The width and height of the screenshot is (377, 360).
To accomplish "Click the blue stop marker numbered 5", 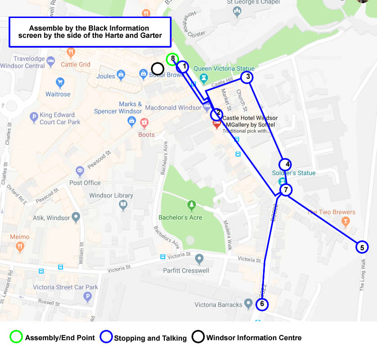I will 362,247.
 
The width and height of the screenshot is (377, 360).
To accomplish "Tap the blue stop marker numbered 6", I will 262,304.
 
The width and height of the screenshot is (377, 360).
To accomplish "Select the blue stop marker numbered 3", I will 246,77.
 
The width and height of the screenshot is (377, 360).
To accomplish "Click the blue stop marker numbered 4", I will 285,164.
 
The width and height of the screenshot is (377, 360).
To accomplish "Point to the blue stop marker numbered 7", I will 286,189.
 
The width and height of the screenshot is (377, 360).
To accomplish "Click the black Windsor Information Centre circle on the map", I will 157,69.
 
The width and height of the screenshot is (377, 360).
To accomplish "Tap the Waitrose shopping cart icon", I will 60,83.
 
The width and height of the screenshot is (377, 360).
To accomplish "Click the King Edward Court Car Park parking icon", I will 34,118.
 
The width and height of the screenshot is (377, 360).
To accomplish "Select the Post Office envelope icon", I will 80,171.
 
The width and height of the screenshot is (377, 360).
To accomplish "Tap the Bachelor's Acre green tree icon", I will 192,205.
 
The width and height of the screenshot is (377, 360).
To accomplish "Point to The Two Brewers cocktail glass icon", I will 345,221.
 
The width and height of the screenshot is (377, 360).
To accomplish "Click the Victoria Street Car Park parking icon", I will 88,297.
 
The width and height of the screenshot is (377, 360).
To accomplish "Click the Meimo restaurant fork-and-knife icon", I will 20,246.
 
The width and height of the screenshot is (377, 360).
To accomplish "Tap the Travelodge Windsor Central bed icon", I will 51,60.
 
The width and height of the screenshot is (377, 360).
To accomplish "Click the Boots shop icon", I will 144,122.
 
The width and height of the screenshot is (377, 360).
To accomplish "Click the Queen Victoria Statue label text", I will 224,68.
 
